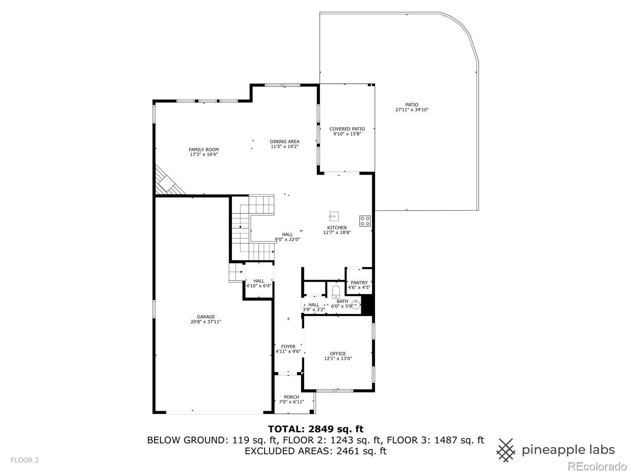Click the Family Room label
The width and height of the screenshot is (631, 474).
point(203,150)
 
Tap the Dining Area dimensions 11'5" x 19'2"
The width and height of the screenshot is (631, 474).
point(284,147)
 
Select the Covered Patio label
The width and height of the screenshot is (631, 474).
point(347,129)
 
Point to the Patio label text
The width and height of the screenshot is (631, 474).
point(412,105)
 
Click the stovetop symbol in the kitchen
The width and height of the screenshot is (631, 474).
point(365,221)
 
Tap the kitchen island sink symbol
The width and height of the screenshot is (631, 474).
point(334,216)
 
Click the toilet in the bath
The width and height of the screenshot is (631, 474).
point(336,292)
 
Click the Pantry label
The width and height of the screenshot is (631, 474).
point(359,282)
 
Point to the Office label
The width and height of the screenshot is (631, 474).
point(338,354)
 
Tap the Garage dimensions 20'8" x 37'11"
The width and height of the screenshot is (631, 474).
point(205,322)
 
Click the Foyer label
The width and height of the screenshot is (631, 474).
point(288,346)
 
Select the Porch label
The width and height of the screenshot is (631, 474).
point(291,397)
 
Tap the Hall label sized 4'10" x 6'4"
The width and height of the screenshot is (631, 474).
point(259,281)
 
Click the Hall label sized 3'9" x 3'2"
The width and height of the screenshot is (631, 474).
point(314,305)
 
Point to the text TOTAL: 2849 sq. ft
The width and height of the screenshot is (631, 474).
point(315,429)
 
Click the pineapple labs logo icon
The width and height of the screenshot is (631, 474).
point(506,450)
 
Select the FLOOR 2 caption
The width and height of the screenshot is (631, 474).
point(24,460)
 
